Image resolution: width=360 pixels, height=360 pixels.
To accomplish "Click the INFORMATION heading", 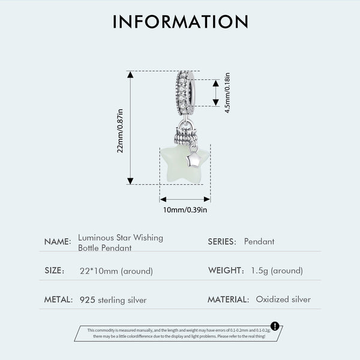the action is click(181, 22).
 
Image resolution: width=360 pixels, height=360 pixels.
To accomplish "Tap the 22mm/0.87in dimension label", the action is click(120, 131).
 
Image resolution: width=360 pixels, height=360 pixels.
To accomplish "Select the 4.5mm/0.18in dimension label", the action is click(227, 93).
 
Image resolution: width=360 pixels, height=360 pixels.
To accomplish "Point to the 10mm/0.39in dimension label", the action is click(185, 210).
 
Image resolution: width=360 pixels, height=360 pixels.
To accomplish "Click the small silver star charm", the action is click(193, 160).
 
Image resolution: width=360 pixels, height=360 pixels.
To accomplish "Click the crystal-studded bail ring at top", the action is click(185, 93).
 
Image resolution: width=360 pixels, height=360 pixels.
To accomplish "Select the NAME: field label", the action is click(58, 242).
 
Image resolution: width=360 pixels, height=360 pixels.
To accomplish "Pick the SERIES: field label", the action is click(222, 242).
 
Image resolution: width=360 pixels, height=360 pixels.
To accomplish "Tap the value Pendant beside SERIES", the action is click(259, 242).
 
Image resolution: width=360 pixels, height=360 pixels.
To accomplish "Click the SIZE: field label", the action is click(55, 271).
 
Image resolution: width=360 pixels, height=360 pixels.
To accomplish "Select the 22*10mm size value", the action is click(99, 271).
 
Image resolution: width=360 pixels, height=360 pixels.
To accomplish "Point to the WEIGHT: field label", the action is click(226, 271).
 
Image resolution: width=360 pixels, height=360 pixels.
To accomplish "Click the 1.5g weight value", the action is click(260, 271).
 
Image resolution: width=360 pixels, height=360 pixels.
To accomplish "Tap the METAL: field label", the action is click(58, 299).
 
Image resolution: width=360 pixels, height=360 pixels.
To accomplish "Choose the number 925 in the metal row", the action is click(88, 300).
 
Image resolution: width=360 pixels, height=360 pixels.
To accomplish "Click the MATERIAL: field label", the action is click(229, 299).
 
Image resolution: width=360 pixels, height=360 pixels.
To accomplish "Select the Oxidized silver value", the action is click(283, 299).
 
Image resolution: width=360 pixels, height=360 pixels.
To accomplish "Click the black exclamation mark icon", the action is click(275, 326).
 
